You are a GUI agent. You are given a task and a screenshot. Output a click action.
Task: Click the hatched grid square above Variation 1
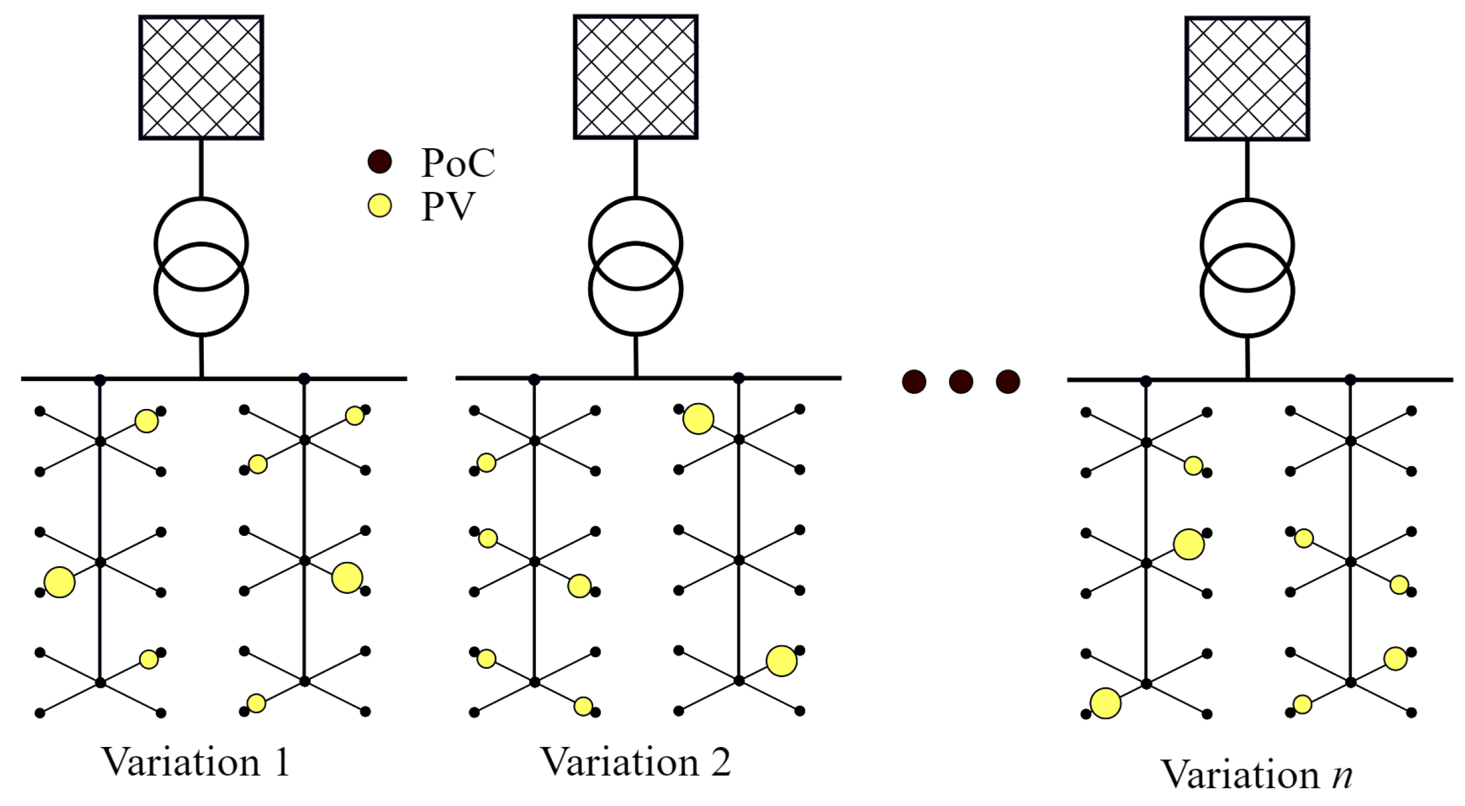coord(201,77)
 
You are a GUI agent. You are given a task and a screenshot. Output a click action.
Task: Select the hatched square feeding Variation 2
coord(635,77)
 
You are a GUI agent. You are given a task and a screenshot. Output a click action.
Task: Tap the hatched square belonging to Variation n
coord(1247,79)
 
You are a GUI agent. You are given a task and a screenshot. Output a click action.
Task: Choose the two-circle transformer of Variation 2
coord(635,266)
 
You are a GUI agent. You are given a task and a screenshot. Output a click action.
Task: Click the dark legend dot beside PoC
coord(379,161)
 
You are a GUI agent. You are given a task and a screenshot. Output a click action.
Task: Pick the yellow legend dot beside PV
coord(379,206)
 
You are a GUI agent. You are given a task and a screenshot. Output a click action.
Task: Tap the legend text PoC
coord(458,162)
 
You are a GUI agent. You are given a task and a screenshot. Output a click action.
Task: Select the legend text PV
coord(448,207)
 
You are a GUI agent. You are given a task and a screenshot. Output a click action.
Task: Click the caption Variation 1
coord(196,762)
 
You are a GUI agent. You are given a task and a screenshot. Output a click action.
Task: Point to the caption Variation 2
coord(635,762)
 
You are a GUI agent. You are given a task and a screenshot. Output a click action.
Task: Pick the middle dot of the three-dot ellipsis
coord(961,382)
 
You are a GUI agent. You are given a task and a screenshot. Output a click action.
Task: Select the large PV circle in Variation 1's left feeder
coord(60,582)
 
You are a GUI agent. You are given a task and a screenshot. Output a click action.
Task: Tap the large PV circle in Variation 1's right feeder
coord(347,577)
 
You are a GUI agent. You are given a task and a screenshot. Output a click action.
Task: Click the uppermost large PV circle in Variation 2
coord(698,419)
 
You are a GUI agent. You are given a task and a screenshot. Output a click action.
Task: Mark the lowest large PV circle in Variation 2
coord(781,661)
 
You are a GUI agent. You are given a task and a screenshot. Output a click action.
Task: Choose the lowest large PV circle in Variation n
coord(1106,703)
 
